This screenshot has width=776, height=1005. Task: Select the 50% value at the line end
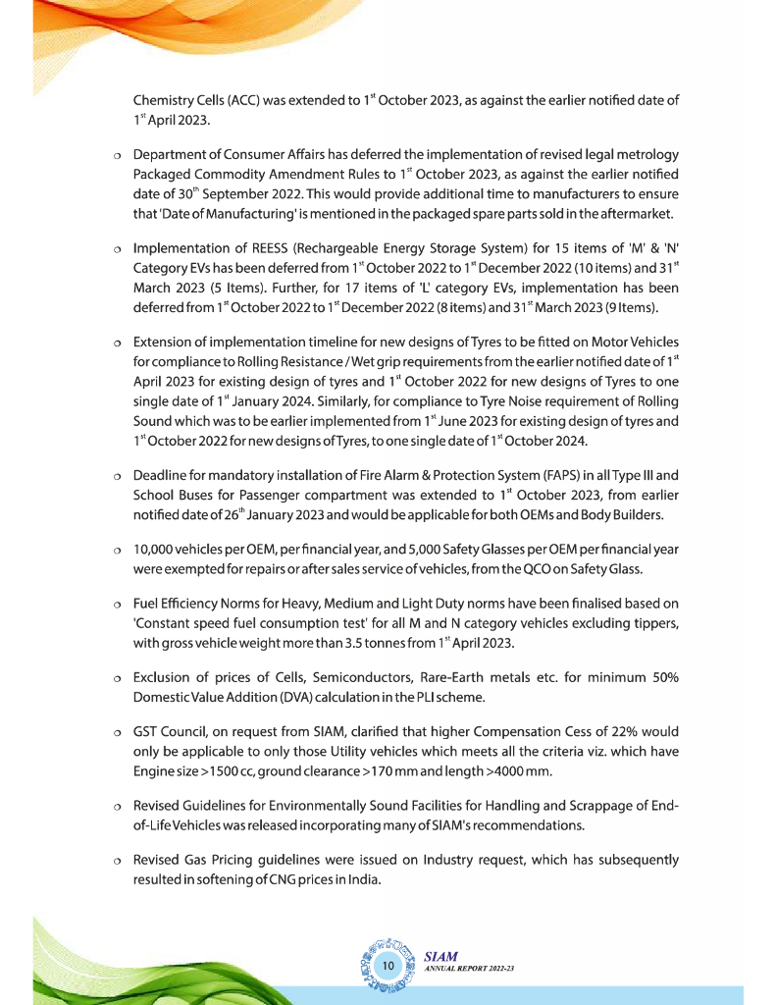point(657,678)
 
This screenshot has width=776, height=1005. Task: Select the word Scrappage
point(599,805)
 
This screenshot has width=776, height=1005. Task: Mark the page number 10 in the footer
point(388,967)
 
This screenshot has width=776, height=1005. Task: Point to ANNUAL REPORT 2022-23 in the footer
point(470,969)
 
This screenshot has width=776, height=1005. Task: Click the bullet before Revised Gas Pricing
point(116,862)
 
